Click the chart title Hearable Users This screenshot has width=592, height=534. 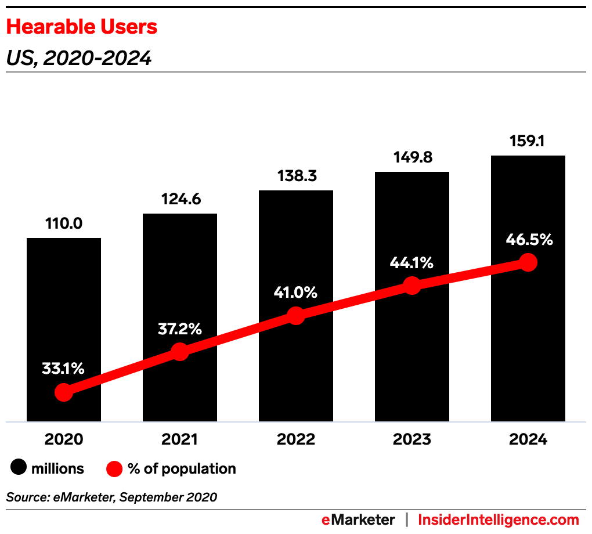pyautogui.click(x=82, y=27)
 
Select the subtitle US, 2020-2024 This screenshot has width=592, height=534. pyautogui.click(x=78, y=58)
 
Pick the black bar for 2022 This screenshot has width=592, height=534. pyautogui.click(x=296, y=255)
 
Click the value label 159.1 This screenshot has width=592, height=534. pyautogui.click(x=528, y=141)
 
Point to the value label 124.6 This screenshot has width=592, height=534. pyautogui.click(x=179, y=199)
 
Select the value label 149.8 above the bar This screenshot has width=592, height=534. pyautogui.click(x=411, y=157)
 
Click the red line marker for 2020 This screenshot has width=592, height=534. pyautogui.click(x=64, y=392)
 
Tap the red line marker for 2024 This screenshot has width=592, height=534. pyautogui.click(x=528, y=262)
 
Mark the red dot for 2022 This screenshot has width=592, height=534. pyautogui.click(x=296, y=316)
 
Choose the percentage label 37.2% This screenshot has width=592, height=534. pyautogui.click(x=179, y=329)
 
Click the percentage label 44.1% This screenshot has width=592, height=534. pyautogui.click(x=411, y=263)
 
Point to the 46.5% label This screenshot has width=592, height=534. pyautogui.click(x=528, y=239)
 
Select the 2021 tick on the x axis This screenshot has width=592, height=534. pyautogui.click(x=179, y=439)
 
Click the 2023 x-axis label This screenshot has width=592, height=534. pyautogui.click(x=411, y=439)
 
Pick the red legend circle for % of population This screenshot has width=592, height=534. pyautogui.click(x=114, y=468)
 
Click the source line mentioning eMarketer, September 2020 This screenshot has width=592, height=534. pyautogui.click(x=111, y=497)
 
